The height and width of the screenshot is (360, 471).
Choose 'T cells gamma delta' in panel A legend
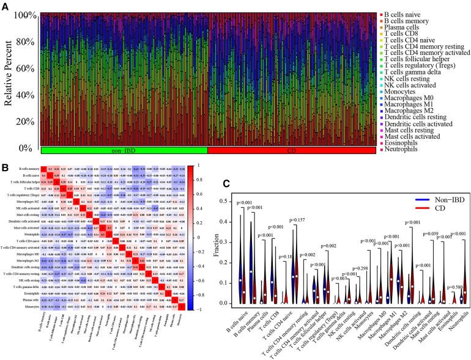click(410, 78)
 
